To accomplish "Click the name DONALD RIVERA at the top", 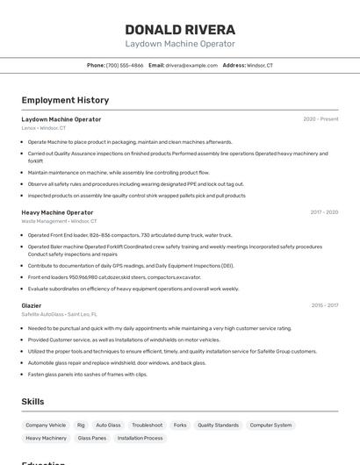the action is pyautogui.click(x=180, y=29).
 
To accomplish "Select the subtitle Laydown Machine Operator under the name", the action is pyautogui.click(x=180, y=44).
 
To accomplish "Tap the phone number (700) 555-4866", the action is pyautogui.click(x=124, y=65).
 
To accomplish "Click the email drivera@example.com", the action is pyautogui.click(x=191, y=65).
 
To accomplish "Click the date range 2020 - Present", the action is pyautogui.click(x=320, y=118).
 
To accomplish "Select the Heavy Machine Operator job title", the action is pyautogui.click(x=57, y=212).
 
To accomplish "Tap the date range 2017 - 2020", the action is pyautogui.click(x=324, y=212).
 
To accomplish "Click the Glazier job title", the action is pyautogui.click(x=32, y=305).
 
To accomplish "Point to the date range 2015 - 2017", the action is pyautogui.click(x=324, y=305).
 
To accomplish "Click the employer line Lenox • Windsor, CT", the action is pyautogui.click(x=44, y=128).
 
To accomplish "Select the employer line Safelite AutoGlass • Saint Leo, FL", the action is pyautogui.click(x=59, y=314).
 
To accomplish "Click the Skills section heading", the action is pyautogui.click(x=33, y=401).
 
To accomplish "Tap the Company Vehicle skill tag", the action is pyautogui.click(x=46, y=425).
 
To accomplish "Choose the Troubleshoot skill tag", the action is pyautogui.click(x=148, y=425).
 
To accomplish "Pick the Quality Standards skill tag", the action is pyautogui.click(x=218, y=425).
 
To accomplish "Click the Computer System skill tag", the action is pyautogui.click(x=270, y=425).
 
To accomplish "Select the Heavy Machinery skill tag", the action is pyautogui.click(x=46, y=438).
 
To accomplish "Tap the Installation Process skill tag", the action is pyautogui.click(x=140, y=438).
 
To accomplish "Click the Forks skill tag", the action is pyautogui.click(x=180, y=425).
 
